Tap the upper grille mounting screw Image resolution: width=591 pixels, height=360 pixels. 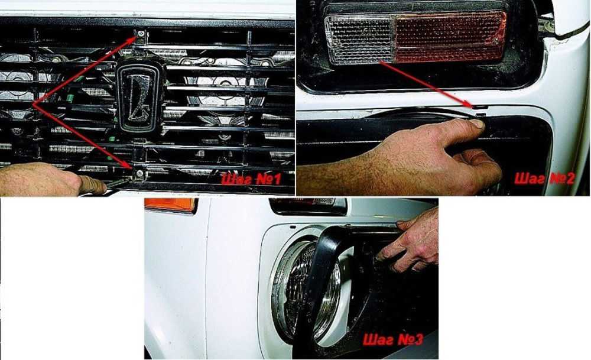point(141,34)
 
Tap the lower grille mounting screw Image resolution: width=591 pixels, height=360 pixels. point(140,173)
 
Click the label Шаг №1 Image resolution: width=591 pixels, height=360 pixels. point(251,179)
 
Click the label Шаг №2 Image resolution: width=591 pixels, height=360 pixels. point(545,178)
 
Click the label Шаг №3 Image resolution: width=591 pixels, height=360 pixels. point(393,339)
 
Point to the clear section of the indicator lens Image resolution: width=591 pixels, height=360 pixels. point(360,39)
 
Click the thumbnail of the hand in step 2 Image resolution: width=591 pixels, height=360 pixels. point(477,124)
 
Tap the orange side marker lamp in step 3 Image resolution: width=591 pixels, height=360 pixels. point(171,205)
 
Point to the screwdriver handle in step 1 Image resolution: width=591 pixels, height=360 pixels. point(93,185)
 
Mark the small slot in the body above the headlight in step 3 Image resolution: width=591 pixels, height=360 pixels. point(293,228)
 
